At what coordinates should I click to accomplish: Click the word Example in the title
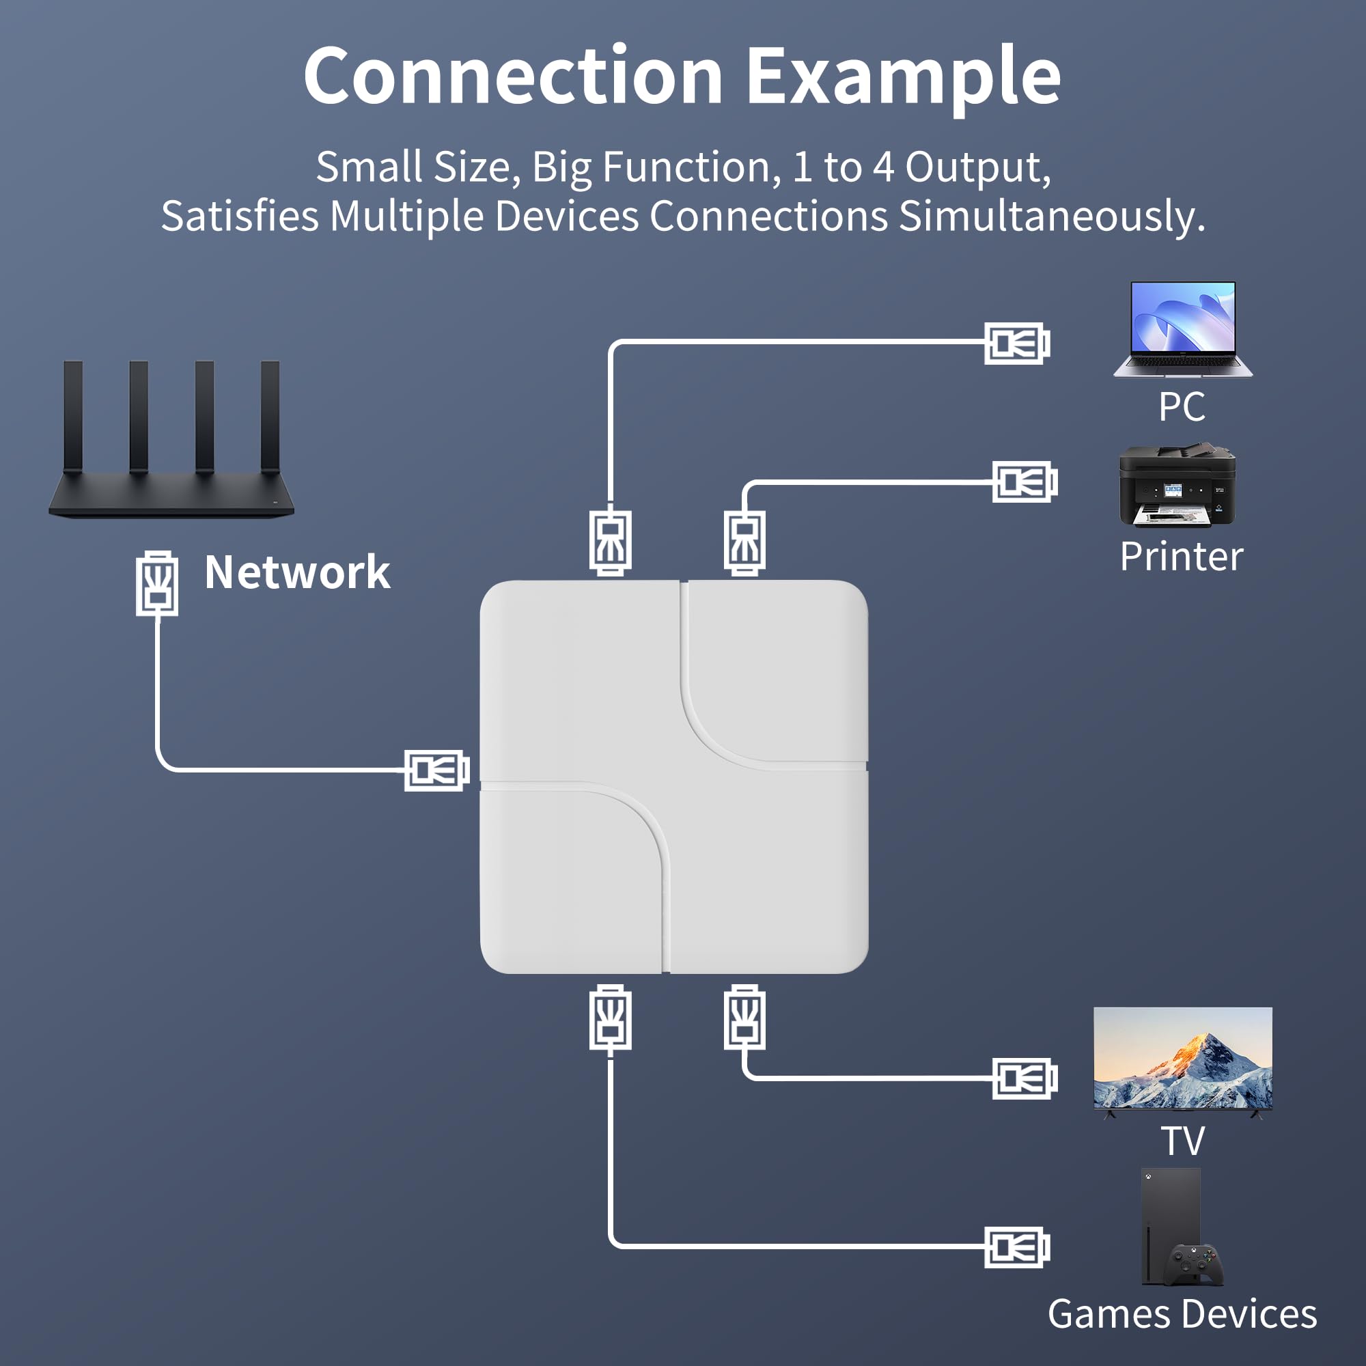click(x=903, y=76)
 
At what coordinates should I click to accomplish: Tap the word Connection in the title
click(x=514, y=75)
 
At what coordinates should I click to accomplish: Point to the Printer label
click(x=1182, y=557)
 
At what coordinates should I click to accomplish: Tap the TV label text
click(x=1182, y=1141)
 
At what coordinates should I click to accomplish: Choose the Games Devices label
click(x=1182, y=1314)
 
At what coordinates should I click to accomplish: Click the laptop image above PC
click(x=1182, y=329)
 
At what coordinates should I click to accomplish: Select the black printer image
click(x=1177, y=485)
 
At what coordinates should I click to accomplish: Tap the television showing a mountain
click(x=1182, y=1059)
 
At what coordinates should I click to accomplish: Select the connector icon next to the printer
click(x=1024, y=482)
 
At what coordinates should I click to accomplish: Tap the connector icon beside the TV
click(x=1024, y=1079)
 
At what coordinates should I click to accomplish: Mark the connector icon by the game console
click(x=1017, y=1247)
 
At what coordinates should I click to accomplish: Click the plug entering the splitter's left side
click(x=436, y=770)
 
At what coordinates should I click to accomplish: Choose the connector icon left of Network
click(x=157, y=583)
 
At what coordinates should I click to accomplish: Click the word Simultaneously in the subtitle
click(x=1051, y=216)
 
